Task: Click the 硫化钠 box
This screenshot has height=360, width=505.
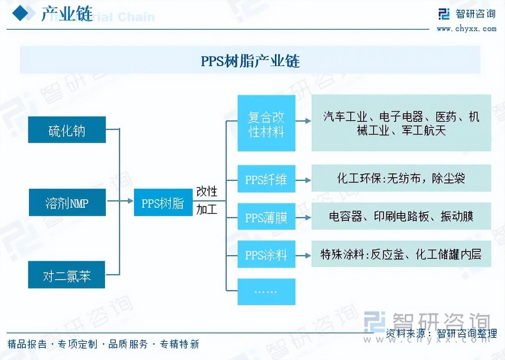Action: point(67,130)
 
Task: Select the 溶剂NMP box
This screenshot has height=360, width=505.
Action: point(67,202)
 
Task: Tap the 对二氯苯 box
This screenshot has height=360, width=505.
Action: point(67,275)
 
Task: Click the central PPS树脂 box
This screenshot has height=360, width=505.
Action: point(163,202)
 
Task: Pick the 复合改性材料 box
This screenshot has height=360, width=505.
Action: point(266,123)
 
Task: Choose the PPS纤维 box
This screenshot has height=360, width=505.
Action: point(266,178)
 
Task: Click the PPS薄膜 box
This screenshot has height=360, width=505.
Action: point(266,217)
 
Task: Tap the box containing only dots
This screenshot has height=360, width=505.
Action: point(266,292)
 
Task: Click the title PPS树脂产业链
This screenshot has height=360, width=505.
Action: point(250,61)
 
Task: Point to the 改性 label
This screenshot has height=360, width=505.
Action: point(207,191)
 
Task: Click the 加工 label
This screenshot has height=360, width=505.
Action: point(207,209)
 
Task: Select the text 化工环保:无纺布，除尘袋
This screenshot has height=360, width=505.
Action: point(401,178)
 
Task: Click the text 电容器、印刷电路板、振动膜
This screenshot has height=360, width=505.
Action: point(401,216)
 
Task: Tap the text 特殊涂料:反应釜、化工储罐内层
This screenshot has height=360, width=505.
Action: point(401,254)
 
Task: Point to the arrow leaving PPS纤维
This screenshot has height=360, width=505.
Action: point(304,180)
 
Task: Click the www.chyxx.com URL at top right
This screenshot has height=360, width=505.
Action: point(467,29)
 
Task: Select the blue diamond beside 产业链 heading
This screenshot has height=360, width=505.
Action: point(21,14)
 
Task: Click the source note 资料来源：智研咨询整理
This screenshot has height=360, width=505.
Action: point(441,334)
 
